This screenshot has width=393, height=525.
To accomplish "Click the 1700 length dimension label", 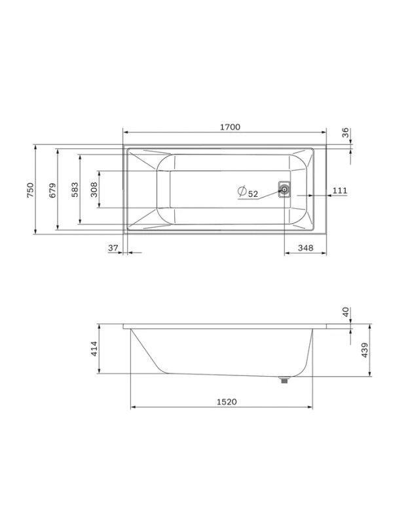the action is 230,127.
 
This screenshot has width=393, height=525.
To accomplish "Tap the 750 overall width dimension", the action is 30,190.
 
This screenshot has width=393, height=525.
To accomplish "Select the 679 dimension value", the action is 53,190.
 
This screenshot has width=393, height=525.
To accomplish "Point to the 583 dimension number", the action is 75,190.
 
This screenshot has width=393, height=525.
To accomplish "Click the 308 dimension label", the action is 94,190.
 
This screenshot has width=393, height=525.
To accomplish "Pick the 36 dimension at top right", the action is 345,133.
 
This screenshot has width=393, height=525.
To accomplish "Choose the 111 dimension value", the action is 340,191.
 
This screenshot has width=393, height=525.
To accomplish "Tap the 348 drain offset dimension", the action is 305,248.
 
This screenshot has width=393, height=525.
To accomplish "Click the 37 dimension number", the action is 113,248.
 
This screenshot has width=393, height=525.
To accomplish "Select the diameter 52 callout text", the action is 248,192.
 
